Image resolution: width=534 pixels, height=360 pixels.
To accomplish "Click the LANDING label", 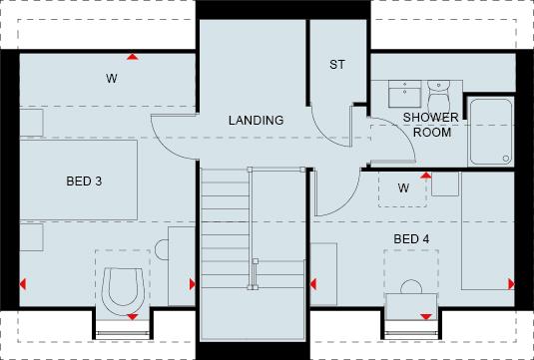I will (x=256, y=121).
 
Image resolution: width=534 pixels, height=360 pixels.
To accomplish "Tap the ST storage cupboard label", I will (x=337, y=65).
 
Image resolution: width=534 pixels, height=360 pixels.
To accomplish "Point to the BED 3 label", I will (x=84, y=181).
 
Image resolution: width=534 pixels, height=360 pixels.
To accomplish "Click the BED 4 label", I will (x=411, y=239).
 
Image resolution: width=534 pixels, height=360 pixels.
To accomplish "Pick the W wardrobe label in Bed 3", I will (x=112, y=78).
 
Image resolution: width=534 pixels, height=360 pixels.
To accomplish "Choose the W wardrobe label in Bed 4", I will (x=403, y=187).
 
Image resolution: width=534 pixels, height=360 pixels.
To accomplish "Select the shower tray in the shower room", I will (x=492, y=132).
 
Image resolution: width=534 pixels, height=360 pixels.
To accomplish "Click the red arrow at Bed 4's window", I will (x=427, y=317).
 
